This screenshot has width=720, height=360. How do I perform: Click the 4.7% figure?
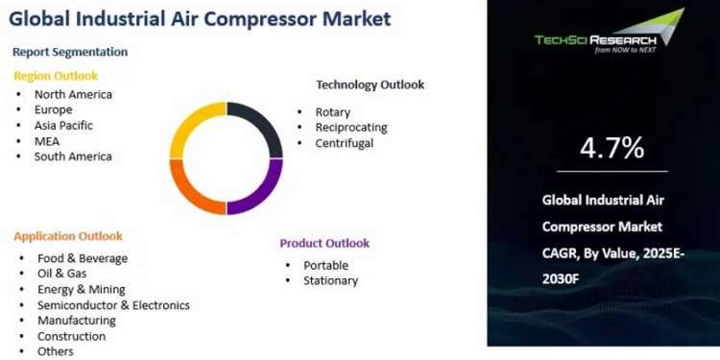coord(612,148)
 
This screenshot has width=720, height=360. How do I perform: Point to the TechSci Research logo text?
coord(596,40)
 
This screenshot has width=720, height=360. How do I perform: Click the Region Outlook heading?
coord(56,76)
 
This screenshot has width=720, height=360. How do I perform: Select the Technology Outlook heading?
coord(370,85)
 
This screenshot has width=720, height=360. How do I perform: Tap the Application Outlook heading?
coord(68,236)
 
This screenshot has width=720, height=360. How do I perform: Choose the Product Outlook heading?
coord(325,244)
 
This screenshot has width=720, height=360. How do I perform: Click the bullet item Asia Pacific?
coord(64,125)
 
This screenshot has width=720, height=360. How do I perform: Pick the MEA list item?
coord(47,142)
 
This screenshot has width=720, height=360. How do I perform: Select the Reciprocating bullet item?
coord(352,128)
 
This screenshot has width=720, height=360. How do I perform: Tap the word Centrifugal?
coord(344,143)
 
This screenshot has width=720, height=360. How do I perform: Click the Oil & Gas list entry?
coord(62,274)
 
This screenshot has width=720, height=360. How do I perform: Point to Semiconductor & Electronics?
coord(113,305)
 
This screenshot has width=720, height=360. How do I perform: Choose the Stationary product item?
coord(331,281)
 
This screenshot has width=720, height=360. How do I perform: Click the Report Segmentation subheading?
coord(70,52)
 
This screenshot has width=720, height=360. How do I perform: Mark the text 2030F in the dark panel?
coord(560,279)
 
